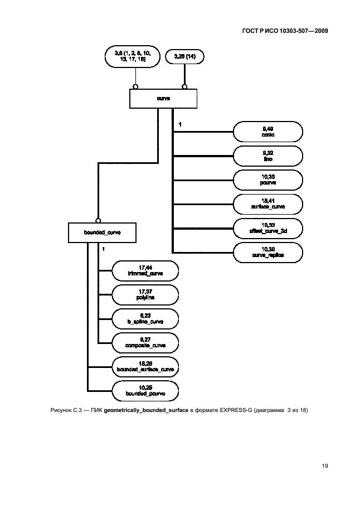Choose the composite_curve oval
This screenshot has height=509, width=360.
[x=145, y=342]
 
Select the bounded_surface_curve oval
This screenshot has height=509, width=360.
[x=145, y=366]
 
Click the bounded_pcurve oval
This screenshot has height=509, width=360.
[x=145, y=390]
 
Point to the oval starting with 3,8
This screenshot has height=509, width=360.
[x=133, y=56]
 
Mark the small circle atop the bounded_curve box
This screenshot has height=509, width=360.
[x=98, y=220]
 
